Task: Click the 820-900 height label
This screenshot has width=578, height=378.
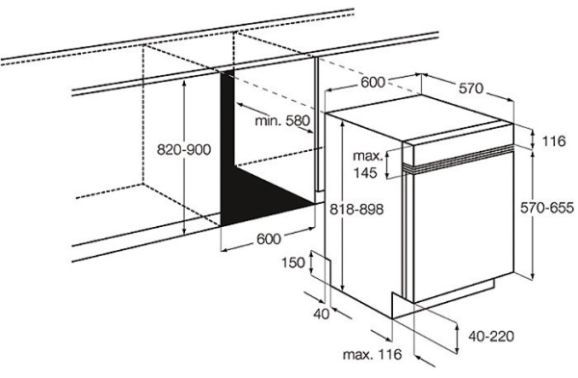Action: coord(184,149)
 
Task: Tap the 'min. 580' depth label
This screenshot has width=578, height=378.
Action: coord(282,120)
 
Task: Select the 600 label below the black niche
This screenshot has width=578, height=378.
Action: coord(269,239)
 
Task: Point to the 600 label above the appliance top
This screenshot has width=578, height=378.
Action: coord(373,82)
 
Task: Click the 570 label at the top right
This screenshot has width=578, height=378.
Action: coord(471,88)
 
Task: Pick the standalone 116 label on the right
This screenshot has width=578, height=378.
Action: coord(554,141)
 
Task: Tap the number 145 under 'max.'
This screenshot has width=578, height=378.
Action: coord(365,172)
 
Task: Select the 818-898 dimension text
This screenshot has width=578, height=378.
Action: coord(356,209)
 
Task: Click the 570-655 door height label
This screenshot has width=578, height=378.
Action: coord(547,208)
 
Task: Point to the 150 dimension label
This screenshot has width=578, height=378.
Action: coord(293,263)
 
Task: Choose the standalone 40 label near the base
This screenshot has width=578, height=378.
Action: coord(321,314)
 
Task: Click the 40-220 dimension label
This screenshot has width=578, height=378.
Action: coord(491,336)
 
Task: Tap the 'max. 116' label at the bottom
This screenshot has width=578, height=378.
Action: coord(372,355)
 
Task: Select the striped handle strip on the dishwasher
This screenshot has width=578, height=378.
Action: coord(458,159)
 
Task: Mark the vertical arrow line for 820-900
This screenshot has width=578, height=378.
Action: coord(184,157)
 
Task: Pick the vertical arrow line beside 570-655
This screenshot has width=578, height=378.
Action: coord(533,215)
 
